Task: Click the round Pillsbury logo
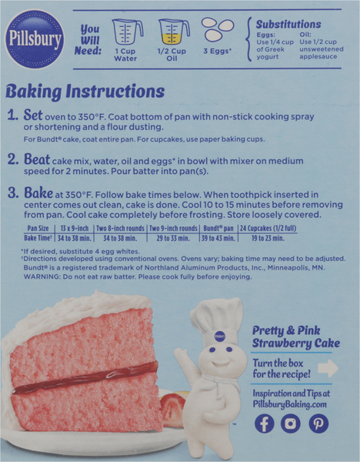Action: [35, 39]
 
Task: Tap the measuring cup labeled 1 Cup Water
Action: [128, 32]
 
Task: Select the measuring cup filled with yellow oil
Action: [174, 32]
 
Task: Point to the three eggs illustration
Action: [218, 29]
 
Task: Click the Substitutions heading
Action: [288, 24]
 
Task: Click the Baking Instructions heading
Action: [85, 91]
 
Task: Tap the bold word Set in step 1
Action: [33, 115]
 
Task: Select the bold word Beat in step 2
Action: [37, 159]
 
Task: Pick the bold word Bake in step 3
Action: [38, 193]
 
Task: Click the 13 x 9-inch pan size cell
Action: [75, 229]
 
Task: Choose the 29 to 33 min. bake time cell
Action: [173, 238]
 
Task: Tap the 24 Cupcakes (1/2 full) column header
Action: [268, 229]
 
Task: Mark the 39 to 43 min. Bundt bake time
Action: [218, 238]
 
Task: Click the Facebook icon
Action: [265, 423]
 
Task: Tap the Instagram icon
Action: [291, 423]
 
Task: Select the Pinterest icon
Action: [318, 423]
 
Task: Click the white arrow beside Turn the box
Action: [328, 368]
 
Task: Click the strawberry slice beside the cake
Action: [172, 410]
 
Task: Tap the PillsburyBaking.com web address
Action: [290, 404]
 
